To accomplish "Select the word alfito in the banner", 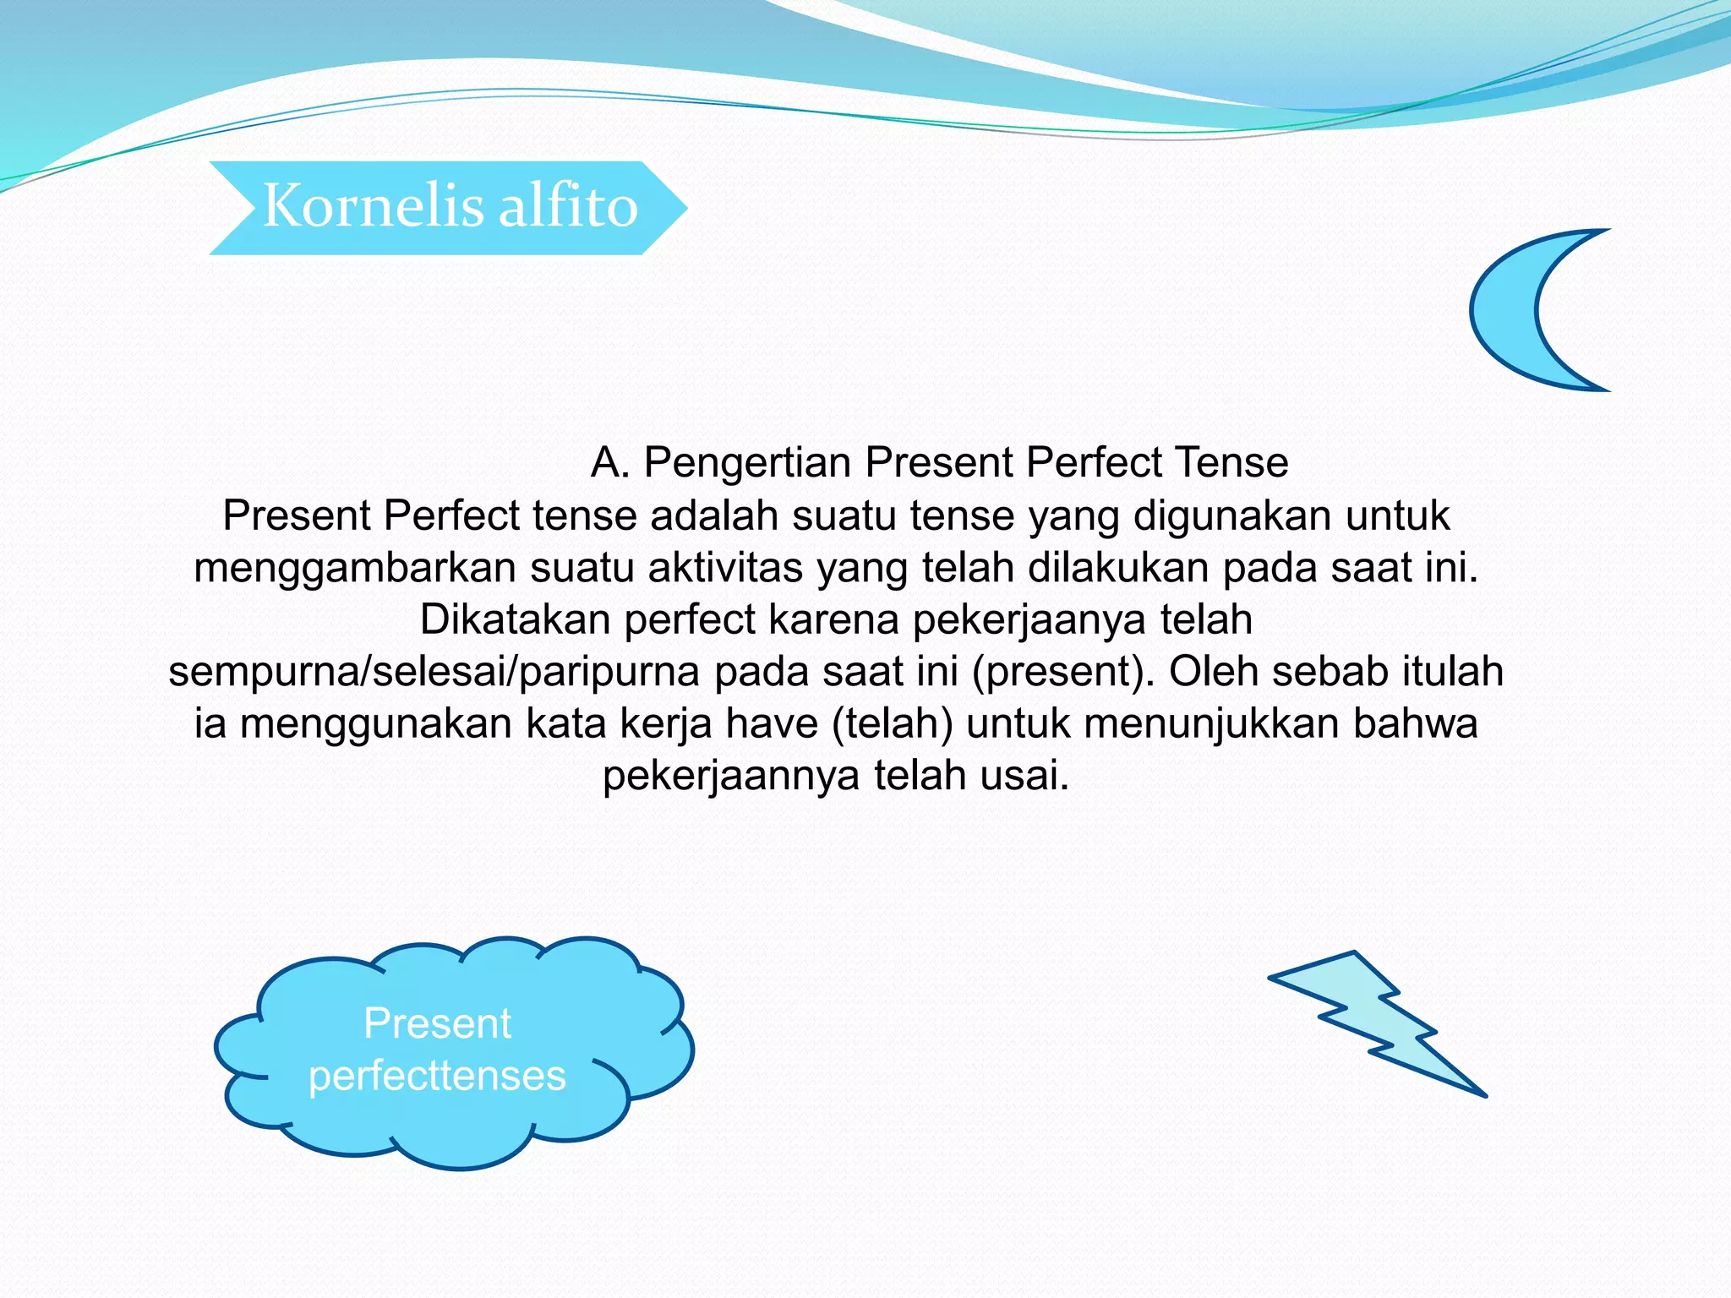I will click(x=567, y=206).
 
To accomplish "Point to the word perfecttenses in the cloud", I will click(x=437, y=1076).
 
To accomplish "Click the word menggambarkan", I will click(x=355, y=568).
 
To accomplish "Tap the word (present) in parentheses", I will click(x=1063, y=672).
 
